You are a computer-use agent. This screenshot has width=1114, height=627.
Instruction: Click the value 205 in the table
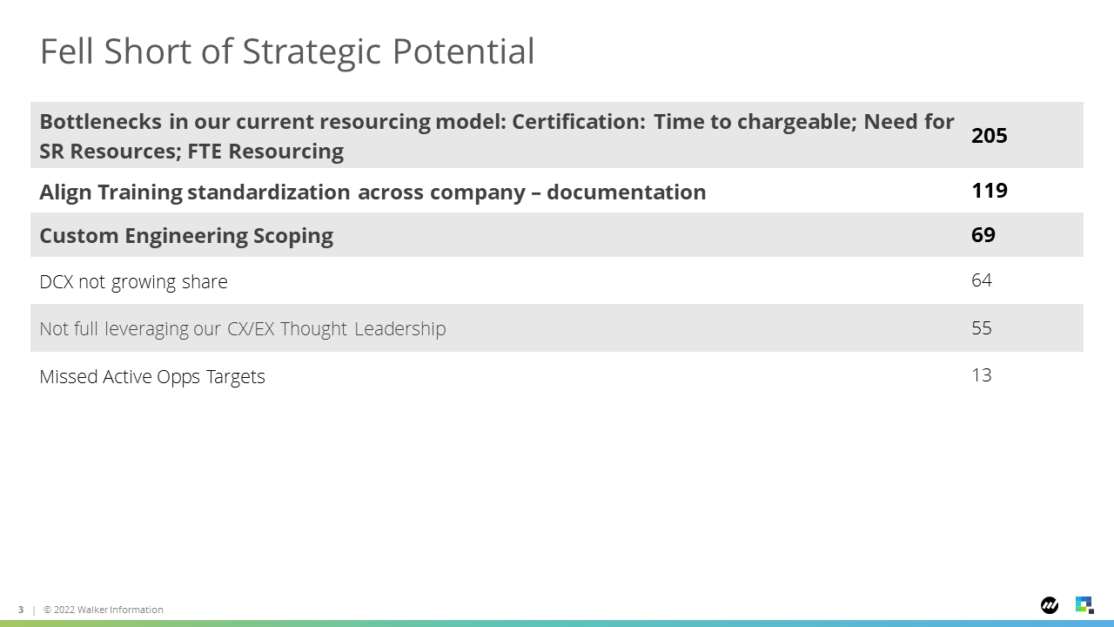990,135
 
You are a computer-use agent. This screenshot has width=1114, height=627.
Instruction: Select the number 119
990,191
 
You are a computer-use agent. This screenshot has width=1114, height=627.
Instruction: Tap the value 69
983,235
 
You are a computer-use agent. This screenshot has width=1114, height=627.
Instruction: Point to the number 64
982,280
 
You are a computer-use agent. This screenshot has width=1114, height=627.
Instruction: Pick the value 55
982,328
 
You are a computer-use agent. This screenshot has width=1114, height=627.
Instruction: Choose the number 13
982,375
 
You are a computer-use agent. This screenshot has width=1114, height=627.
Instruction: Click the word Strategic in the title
312,52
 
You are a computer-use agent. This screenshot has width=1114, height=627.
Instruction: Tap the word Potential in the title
464,51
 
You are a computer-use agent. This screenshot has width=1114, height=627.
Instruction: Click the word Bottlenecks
100,122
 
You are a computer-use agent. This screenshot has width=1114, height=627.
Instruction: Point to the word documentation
626,192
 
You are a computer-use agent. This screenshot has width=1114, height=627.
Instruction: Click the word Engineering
185,236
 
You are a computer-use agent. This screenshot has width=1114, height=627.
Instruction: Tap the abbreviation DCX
57,282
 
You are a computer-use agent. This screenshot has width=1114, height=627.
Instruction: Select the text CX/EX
251,329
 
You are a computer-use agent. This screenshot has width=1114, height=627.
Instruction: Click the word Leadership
399,329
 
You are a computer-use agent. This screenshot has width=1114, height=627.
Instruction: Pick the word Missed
68,377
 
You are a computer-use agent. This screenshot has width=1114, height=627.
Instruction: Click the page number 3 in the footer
21,610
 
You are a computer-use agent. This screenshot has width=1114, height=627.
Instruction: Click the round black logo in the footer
1050,605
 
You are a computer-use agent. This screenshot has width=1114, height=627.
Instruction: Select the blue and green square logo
1084,605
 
